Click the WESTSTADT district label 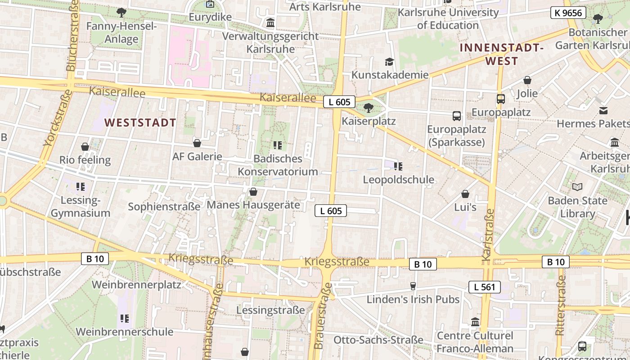tap(140, 122)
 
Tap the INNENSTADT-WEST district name tap(502, 54)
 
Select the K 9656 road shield tap(568, 13)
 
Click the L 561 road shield tap(484, 287)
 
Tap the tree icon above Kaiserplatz tap(369, 108)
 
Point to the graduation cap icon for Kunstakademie tap(389, 62)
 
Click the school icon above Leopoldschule tap(398, 166)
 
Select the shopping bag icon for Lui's tap(465, 194)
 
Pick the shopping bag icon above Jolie tap(527, 80)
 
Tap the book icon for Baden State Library tap(577, 186)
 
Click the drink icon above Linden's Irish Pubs tap(413, 286)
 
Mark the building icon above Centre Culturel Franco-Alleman tap(475, 322)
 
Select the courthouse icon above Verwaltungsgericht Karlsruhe tap(270, 22)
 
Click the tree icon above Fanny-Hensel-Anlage tap(121, 13)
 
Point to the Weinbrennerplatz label tap(136, 285)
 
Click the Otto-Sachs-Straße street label tap(378, 340)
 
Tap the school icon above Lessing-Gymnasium tap(81, 186)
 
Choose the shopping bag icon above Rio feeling tap(85, 147)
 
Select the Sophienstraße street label tap(164, 207)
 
